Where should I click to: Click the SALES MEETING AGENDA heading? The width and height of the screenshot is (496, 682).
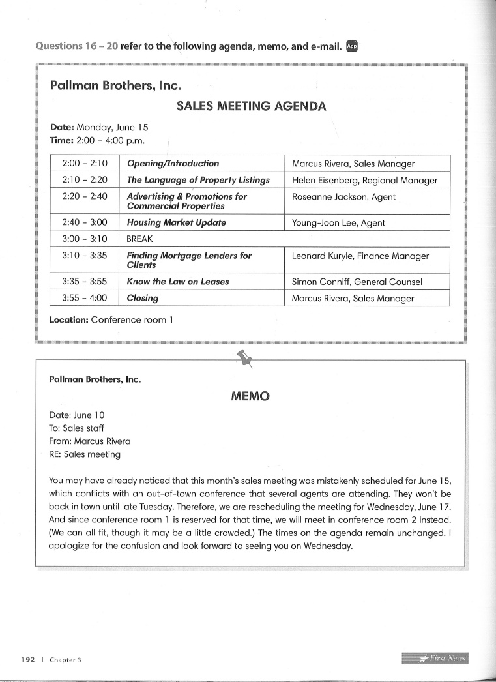coord(251,106)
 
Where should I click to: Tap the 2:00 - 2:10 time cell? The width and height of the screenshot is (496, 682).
coord(85,164)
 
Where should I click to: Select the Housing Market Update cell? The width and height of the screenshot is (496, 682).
coord(176,223)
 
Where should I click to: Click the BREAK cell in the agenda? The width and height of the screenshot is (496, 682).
coord(139,239)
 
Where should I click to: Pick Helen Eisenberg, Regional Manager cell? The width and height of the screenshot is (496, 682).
coord(364,181)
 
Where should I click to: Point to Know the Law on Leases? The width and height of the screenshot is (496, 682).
coord(177,282)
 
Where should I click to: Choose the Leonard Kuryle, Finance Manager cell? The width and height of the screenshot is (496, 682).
coord(360,256)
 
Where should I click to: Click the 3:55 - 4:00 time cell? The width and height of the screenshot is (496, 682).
coord(85,298)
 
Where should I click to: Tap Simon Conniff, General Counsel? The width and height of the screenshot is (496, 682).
coord(357,282)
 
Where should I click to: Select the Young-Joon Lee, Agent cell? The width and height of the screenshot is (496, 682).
coord(338,223)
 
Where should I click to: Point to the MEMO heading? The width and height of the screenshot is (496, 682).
coord(250,396)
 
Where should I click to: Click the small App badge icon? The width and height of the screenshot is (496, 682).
coord(352,46)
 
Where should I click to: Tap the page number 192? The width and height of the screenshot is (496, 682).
coord(27,659)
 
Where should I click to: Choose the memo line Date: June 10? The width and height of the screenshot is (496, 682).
coord(76,415)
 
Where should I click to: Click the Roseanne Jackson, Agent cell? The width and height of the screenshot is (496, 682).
coord(343,197)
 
